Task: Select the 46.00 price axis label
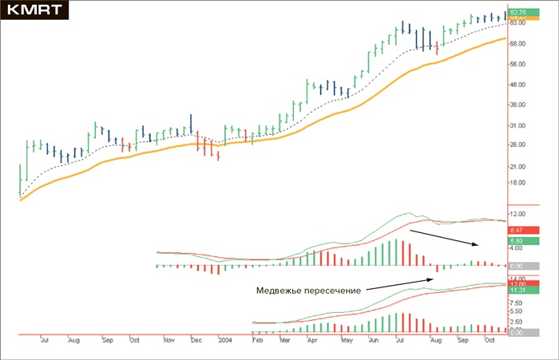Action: [517, 85]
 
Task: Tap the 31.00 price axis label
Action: [517, 125]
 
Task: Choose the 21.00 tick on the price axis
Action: [517, 166]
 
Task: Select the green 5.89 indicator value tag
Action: [517, 240]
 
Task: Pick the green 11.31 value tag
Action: [517, 291]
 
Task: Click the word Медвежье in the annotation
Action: [276, 290]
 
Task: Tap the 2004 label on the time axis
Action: [226, 341]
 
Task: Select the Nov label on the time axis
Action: [168, 341]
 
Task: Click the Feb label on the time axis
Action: [257, 341]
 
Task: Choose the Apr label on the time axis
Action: [312, 341]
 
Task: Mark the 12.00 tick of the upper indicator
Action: [517, 214]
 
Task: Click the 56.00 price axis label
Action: [517, 64]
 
